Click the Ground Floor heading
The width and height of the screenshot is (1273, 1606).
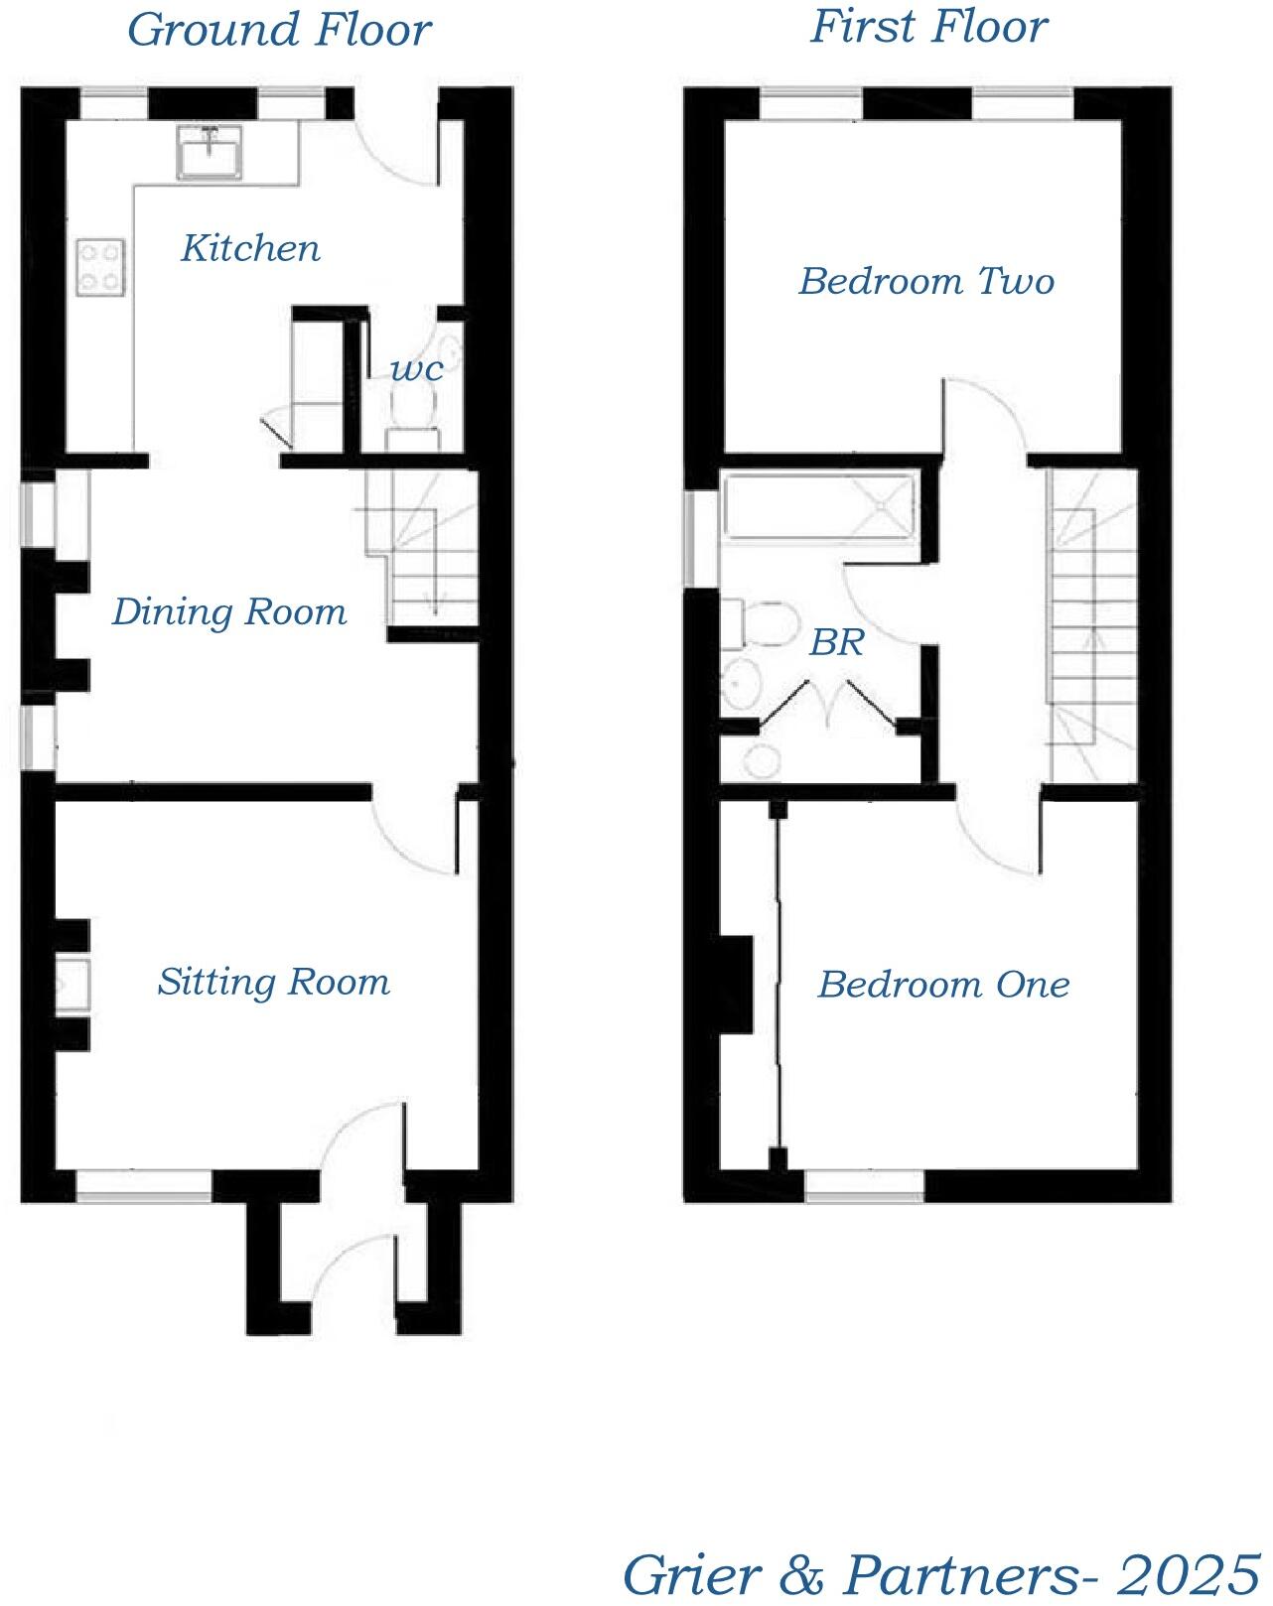click(x=279, y=29)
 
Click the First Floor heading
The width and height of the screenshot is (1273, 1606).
click(x=928, y=26)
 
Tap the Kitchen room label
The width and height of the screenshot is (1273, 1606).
click(x=250, y=248)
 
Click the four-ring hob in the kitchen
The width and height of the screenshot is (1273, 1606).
click(x=102, y=267)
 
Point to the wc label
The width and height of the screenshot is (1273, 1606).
click(x=417, y=369)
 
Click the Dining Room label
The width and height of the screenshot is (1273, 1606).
click(x=229, y=611)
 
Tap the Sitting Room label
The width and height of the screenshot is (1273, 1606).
click(x=273, y=982)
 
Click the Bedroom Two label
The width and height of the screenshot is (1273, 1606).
click(x=925, y=281)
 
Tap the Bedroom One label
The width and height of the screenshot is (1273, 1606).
click(x=943, y=985)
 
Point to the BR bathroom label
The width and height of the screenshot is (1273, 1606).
click(x=836, y=643)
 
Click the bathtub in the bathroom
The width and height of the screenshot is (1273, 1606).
click(x=818, y=508)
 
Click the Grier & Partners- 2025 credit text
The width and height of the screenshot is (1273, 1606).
click(x=939, y=1573)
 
